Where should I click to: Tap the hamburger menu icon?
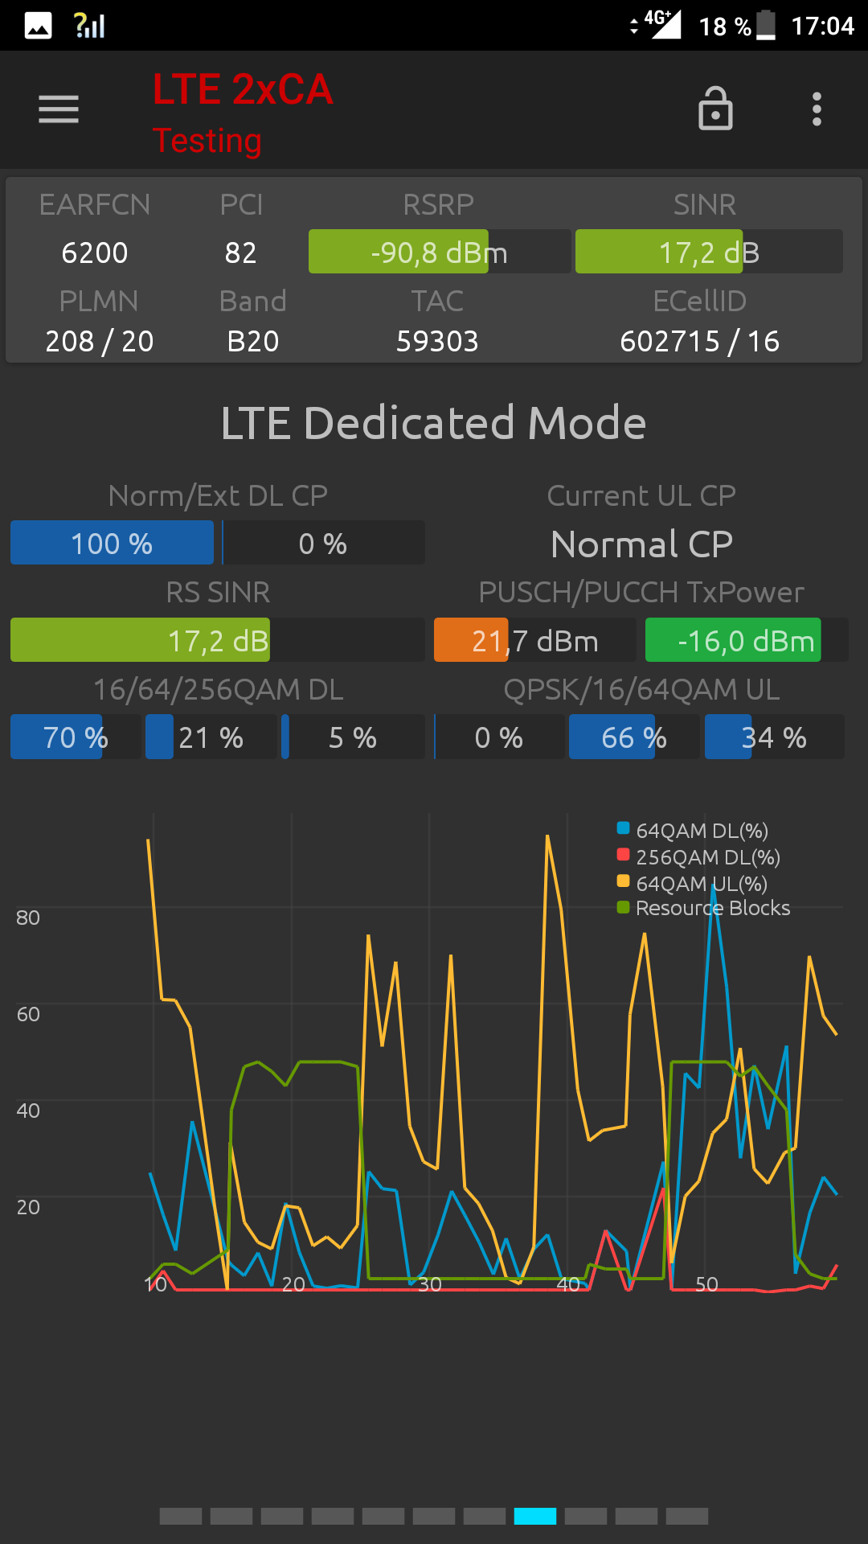59,109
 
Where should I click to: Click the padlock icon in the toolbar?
715,109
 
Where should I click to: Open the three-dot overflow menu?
817,109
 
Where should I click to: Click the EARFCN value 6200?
95,253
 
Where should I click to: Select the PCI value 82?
240,253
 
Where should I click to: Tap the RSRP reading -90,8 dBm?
439,253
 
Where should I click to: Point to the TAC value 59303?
437,341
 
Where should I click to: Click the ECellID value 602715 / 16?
699,341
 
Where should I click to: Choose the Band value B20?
252,341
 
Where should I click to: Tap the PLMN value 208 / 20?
100,341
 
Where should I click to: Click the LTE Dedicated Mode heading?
434,423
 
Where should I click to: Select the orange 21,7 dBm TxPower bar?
534,641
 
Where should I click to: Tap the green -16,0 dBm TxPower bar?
746,641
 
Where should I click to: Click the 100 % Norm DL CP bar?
112,544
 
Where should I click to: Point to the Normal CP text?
641,544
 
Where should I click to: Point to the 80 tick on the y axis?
28,918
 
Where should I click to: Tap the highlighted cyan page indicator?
535,1516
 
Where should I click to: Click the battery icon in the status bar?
766,25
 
